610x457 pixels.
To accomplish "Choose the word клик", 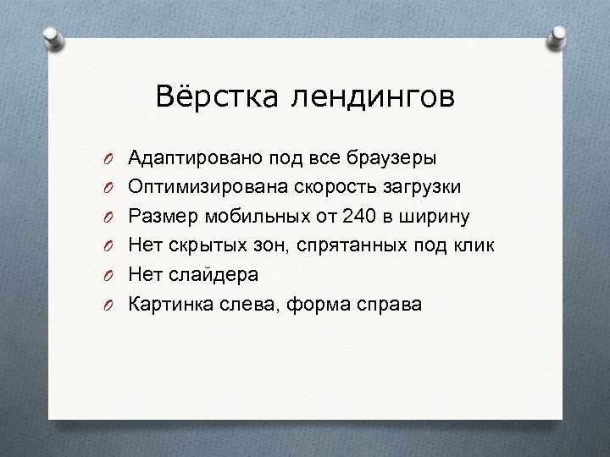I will click(470, 245).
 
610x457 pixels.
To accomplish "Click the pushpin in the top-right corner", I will click(561, 34).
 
